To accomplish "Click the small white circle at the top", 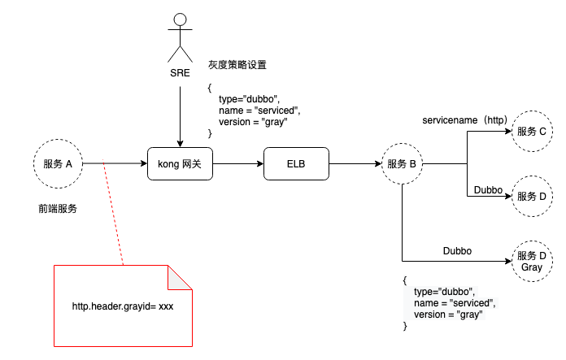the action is point(180,20).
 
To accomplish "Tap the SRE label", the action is point(180,73).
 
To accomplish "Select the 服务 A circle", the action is point(58,163).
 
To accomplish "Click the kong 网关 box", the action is point(180,163).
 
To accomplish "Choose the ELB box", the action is point(296,163).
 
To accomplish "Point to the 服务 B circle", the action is point(402,163).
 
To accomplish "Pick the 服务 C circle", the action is point(532,131).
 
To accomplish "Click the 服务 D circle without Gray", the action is point(532,196).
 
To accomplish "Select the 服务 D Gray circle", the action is point(532,261).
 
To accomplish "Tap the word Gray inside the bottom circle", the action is point(532,267).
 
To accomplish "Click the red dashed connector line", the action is point(113,212).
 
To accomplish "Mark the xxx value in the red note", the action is point(165,306).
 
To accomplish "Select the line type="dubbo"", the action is point(444,292).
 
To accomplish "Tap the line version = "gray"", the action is point(448,314).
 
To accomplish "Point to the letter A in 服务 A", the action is point(69,163).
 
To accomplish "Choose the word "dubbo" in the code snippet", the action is point(458,292).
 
